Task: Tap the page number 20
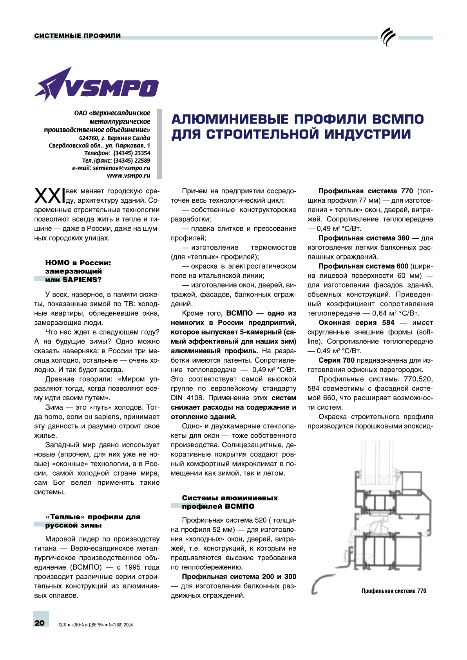pos(40,623)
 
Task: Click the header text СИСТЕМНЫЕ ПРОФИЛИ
pos(78,36)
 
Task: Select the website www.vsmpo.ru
pos(129,176)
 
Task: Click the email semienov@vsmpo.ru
pos(121,168)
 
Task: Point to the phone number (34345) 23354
pos(132,153)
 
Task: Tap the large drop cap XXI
pos(49,196)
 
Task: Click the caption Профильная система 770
pos(394,591)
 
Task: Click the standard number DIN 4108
pos(187,398)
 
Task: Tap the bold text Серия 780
pos(336,360)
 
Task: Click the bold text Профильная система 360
pos(364,238)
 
